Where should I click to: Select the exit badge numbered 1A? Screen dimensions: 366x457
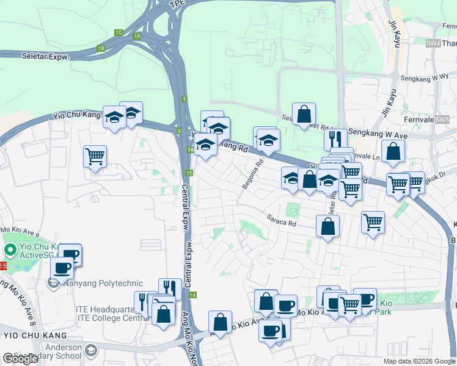coord(137,36)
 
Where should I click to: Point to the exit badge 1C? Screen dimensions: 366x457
coord(119,32)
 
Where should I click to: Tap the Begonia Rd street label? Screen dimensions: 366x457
coord(252,174)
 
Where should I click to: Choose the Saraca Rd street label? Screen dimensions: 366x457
coord(280,220)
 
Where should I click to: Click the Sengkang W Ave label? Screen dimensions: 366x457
coord(377,132)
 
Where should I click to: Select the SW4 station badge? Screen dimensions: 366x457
coord(433,43)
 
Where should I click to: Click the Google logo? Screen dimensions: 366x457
coord(21,359)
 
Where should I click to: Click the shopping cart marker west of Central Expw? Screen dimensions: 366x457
coord(95,157)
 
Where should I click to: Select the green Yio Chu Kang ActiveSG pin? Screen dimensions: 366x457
coord(10,250)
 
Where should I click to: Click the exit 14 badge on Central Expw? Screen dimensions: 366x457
coord(193,295)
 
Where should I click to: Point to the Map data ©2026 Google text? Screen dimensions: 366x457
coord(419,361)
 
